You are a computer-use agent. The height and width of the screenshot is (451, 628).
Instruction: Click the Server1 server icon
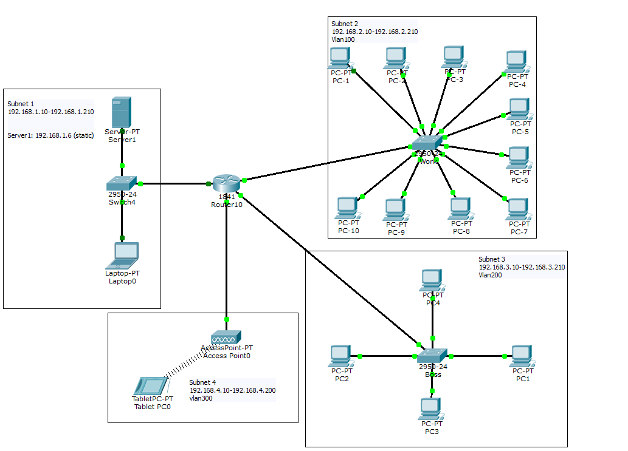click(x=122, y=114)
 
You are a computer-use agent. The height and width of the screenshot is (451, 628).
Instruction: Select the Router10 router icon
click(x=226, y=184)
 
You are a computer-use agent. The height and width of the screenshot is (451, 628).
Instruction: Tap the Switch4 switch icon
click(x=122, y=183)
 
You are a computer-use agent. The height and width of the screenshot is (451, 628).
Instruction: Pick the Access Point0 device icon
click(x=226, y=337)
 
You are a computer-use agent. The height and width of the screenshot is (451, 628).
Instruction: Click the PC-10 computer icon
click(x=347, y=208)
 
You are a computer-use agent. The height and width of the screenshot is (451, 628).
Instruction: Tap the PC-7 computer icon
click(x=517, y=209)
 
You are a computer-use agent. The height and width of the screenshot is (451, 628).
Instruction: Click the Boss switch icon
click(x=432, y=356)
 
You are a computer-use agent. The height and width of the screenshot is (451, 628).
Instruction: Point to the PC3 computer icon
click(x=430, y=409)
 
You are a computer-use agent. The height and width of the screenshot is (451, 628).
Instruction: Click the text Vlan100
click(x=343, y=39)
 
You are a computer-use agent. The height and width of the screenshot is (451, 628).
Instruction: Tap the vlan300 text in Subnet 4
click(x=201, y=399)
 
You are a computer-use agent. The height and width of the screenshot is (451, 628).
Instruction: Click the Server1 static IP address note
click(x=50, y=135)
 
